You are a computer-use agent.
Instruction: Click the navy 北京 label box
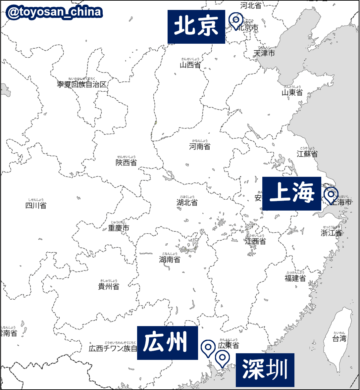[x=196, y=26]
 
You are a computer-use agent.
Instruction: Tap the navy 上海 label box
[x=291, y=193]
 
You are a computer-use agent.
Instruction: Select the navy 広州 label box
[x=167, y=343]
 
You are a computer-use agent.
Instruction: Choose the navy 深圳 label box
[x=265, y=369]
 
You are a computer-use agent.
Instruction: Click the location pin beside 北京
[x=236, y=21]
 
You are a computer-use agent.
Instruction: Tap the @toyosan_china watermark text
[x=54, y=13]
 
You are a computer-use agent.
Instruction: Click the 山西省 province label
[x=190, y=65]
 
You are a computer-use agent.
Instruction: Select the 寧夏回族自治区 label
[x=82, y=84]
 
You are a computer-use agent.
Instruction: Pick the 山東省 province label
[x=292, y=92]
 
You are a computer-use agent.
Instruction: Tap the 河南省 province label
[x=200, y=146]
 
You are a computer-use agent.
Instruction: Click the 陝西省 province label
[x=126, y=162]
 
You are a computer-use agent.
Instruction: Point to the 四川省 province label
[x=36, y=205]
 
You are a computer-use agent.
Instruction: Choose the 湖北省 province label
[x=187, y=202]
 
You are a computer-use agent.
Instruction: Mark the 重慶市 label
[x=119, y=228]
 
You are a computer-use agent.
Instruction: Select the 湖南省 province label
[x=170, y=259]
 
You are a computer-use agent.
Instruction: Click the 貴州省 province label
[x=109, y=286]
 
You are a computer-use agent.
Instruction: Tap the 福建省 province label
[x=295, y=278]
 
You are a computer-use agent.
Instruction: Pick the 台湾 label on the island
[x=339, y=338]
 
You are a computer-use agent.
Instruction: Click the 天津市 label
[x=264, y=53]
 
